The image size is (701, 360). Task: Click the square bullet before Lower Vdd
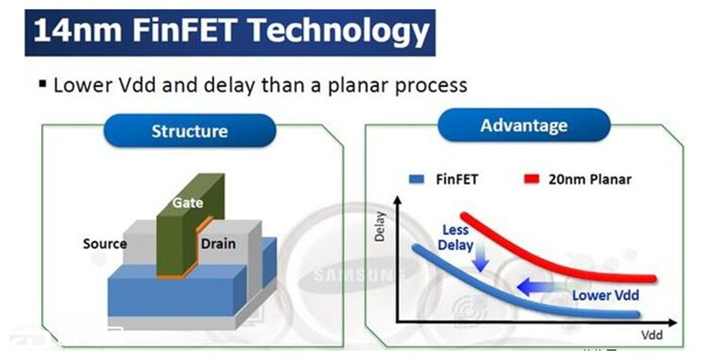tap(43, 83)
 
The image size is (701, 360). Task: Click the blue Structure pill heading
tap(189, 131)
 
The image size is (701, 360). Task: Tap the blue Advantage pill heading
tap(524, 125)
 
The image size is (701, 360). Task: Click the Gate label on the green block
tap(188, 202)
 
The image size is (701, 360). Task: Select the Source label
tap(104, 244)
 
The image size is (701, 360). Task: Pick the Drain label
tap(219, 244)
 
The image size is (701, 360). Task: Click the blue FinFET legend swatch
tap(416, 180)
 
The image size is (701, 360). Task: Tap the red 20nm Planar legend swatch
tap(532, 180)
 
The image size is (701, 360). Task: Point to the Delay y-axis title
tap(380, 227)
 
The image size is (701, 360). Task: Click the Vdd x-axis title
tap(653, 335)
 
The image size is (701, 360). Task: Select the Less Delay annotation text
tap(456, 238)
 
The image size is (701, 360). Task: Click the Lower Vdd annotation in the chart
tap(606, 295)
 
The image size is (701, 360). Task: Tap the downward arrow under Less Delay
tap(480, 257)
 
